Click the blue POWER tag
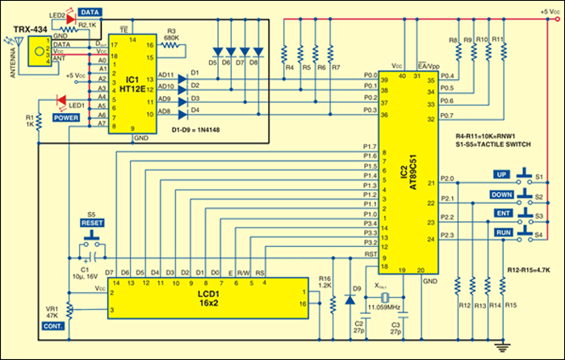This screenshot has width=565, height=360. pyautogui.click(x=67, y=117)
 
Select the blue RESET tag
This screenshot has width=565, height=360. pyautogui.click(x=91, y=222)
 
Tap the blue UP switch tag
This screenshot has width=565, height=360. pyautogui.click(x=501, y=174)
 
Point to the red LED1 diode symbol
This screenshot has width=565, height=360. pyautogui.click(x=60, y=100)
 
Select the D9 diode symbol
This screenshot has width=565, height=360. pyautogui.click(x=349, y=299)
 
